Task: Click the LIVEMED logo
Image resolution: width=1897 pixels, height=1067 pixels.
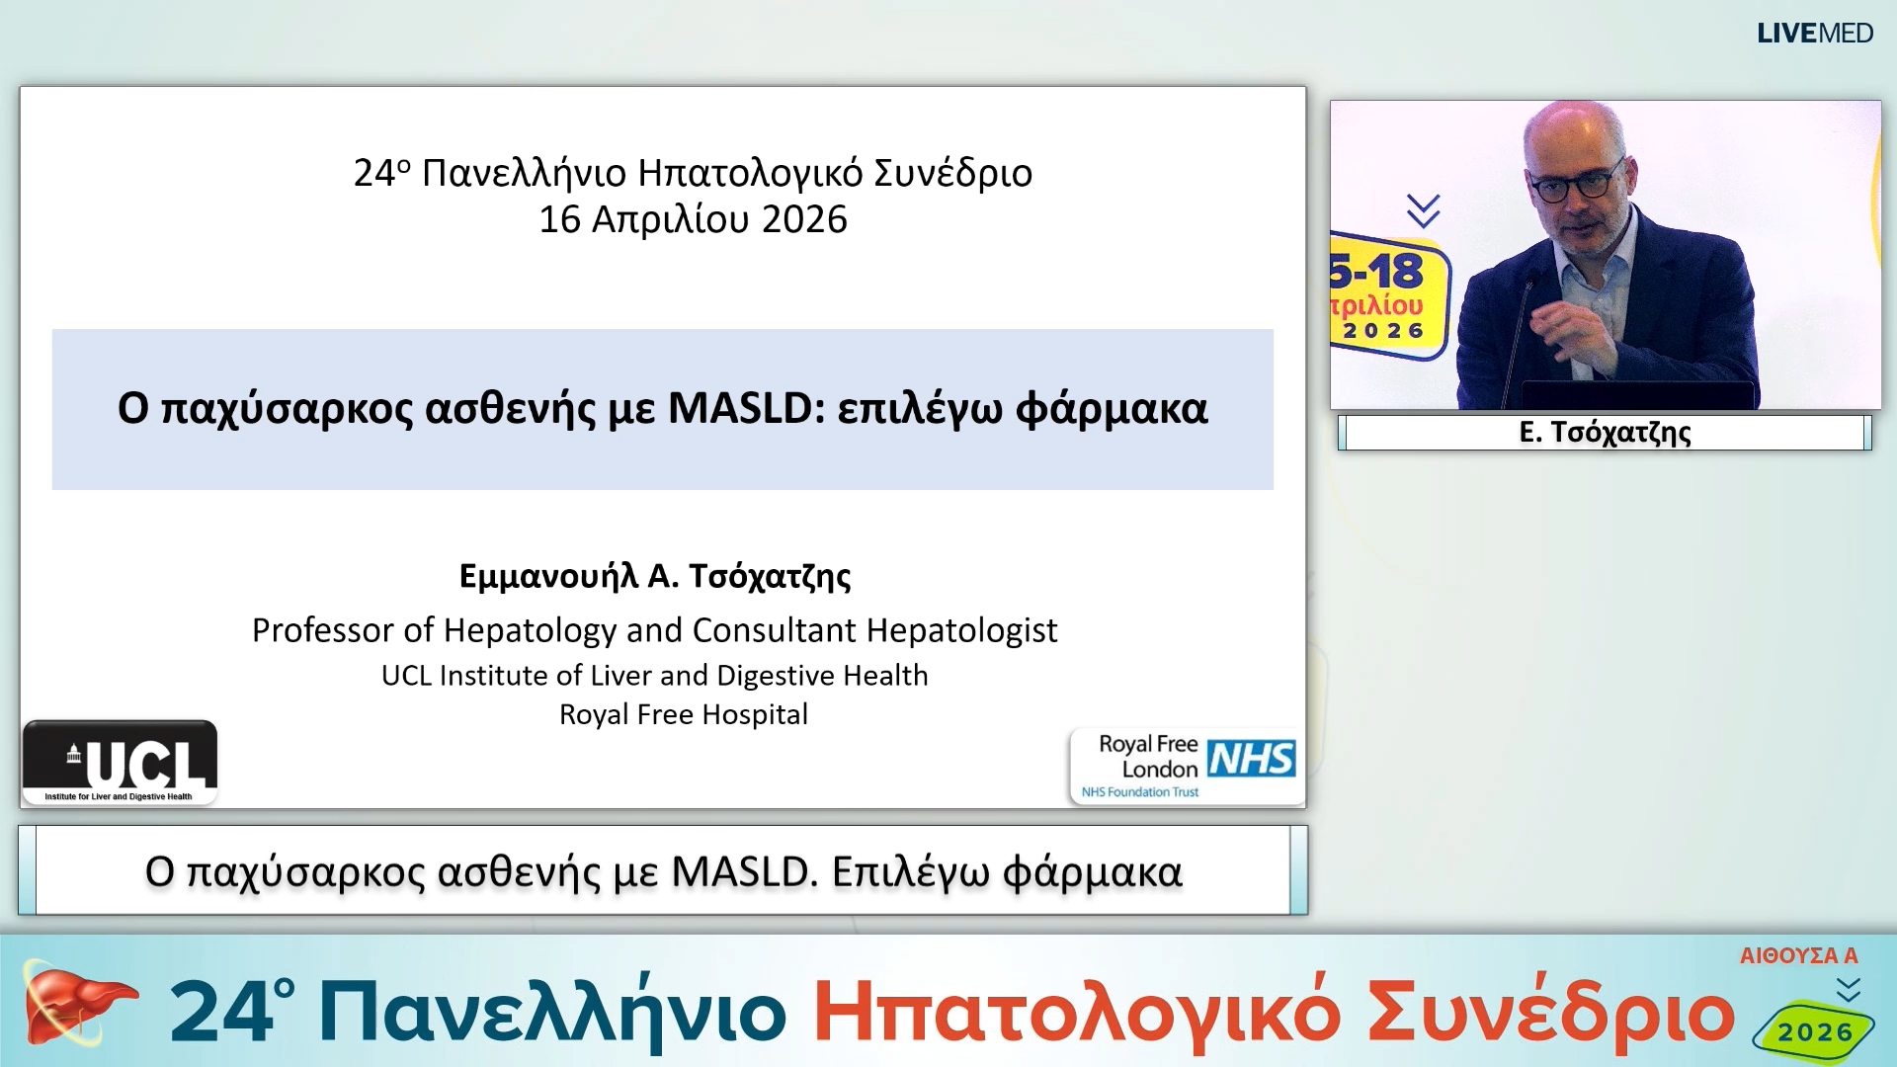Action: click(x=1814, y=34)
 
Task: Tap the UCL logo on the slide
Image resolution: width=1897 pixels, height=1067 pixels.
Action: click(x=121, y=762)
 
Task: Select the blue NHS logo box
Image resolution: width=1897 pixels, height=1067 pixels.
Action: click(x=1251, y=759)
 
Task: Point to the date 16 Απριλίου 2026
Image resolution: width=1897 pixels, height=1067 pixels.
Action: click(x=693, y=219)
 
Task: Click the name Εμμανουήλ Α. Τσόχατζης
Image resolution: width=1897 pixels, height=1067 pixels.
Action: click(x=655, y=575)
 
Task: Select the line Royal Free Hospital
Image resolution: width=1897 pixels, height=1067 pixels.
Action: click(x=684, y=714)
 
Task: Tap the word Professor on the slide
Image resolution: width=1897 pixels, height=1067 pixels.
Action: click(x=323, y=630)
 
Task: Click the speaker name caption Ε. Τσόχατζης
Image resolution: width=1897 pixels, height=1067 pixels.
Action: click(x=1605, y=433)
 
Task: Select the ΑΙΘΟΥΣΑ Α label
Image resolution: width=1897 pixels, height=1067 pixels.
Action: click(x=1798, y=955)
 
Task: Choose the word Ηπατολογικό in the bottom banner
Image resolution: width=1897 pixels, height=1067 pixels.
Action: click(x=1077, y=1013)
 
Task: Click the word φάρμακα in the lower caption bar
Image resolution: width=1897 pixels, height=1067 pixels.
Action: click(x=1092, y=872)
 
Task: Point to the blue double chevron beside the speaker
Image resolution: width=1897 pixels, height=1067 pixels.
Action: click(x=1423, y=210)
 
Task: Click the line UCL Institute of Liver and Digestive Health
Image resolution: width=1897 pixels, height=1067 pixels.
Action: click(x=655, y=675)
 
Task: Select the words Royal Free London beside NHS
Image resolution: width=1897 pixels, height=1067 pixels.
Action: click(x=1148, y=757)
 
